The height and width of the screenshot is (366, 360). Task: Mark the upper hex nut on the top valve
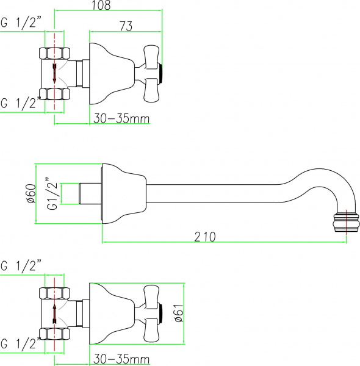point(55,52)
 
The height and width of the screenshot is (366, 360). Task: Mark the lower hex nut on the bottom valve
point(55,333)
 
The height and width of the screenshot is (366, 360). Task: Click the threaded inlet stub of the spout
point(90,193)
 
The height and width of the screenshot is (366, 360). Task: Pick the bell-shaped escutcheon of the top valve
point(110,71)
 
